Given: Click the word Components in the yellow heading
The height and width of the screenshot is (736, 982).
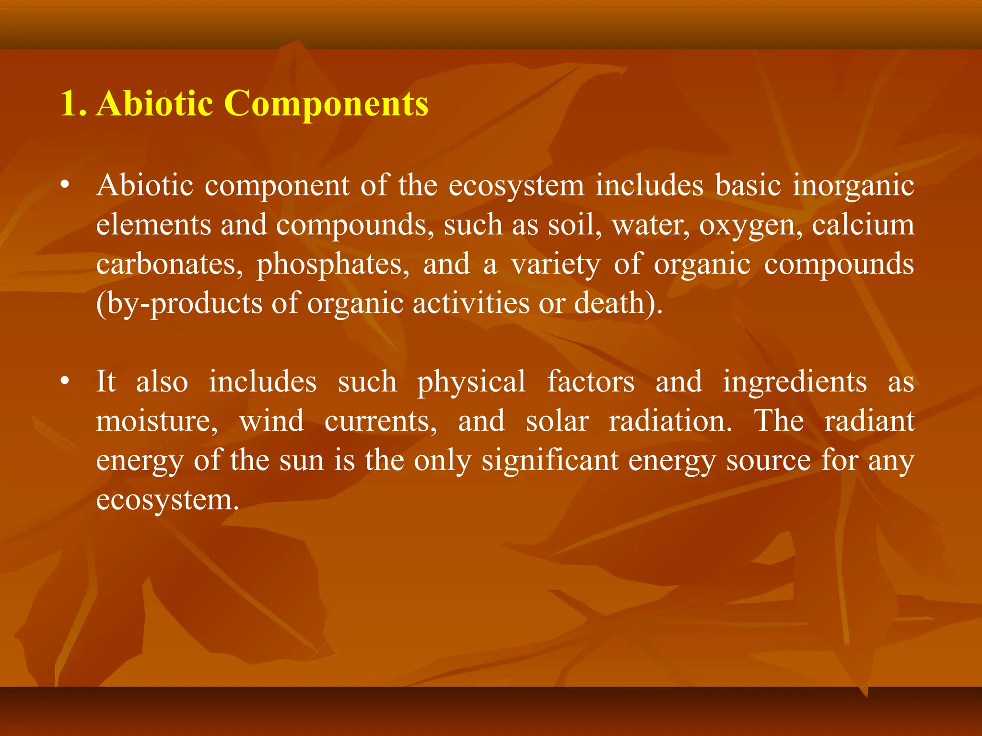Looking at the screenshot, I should click(x=326, y=104).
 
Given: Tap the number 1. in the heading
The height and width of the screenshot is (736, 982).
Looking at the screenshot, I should click(x=73, y=103).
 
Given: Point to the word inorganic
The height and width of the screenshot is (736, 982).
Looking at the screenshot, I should click(x=853, y=186).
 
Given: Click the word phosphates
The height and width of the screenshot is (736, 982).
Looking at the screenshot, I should click(x=333, y=265).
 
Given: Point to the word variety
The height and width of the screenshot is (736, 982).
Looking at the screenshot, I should click(x=555, y=265).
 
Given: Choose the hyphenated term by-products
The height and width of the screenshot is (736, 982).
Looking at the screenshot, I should click(x=179, y=304).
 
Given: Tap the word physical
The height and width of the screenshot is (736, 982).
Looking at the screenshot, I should click(x=471, y=382).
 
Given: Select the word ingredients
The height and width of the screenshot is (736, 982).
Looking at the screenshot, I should click(x=795, y=382).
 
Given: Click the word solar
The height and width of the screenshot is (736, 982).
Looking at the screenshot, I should click(x=557, y=421).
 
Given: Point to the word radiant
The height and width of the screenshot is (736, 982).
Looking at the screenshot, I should click(x=869, y=421).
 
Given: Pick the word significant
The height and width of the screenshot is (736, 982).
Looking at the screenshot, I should click(x=550, y=461).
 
